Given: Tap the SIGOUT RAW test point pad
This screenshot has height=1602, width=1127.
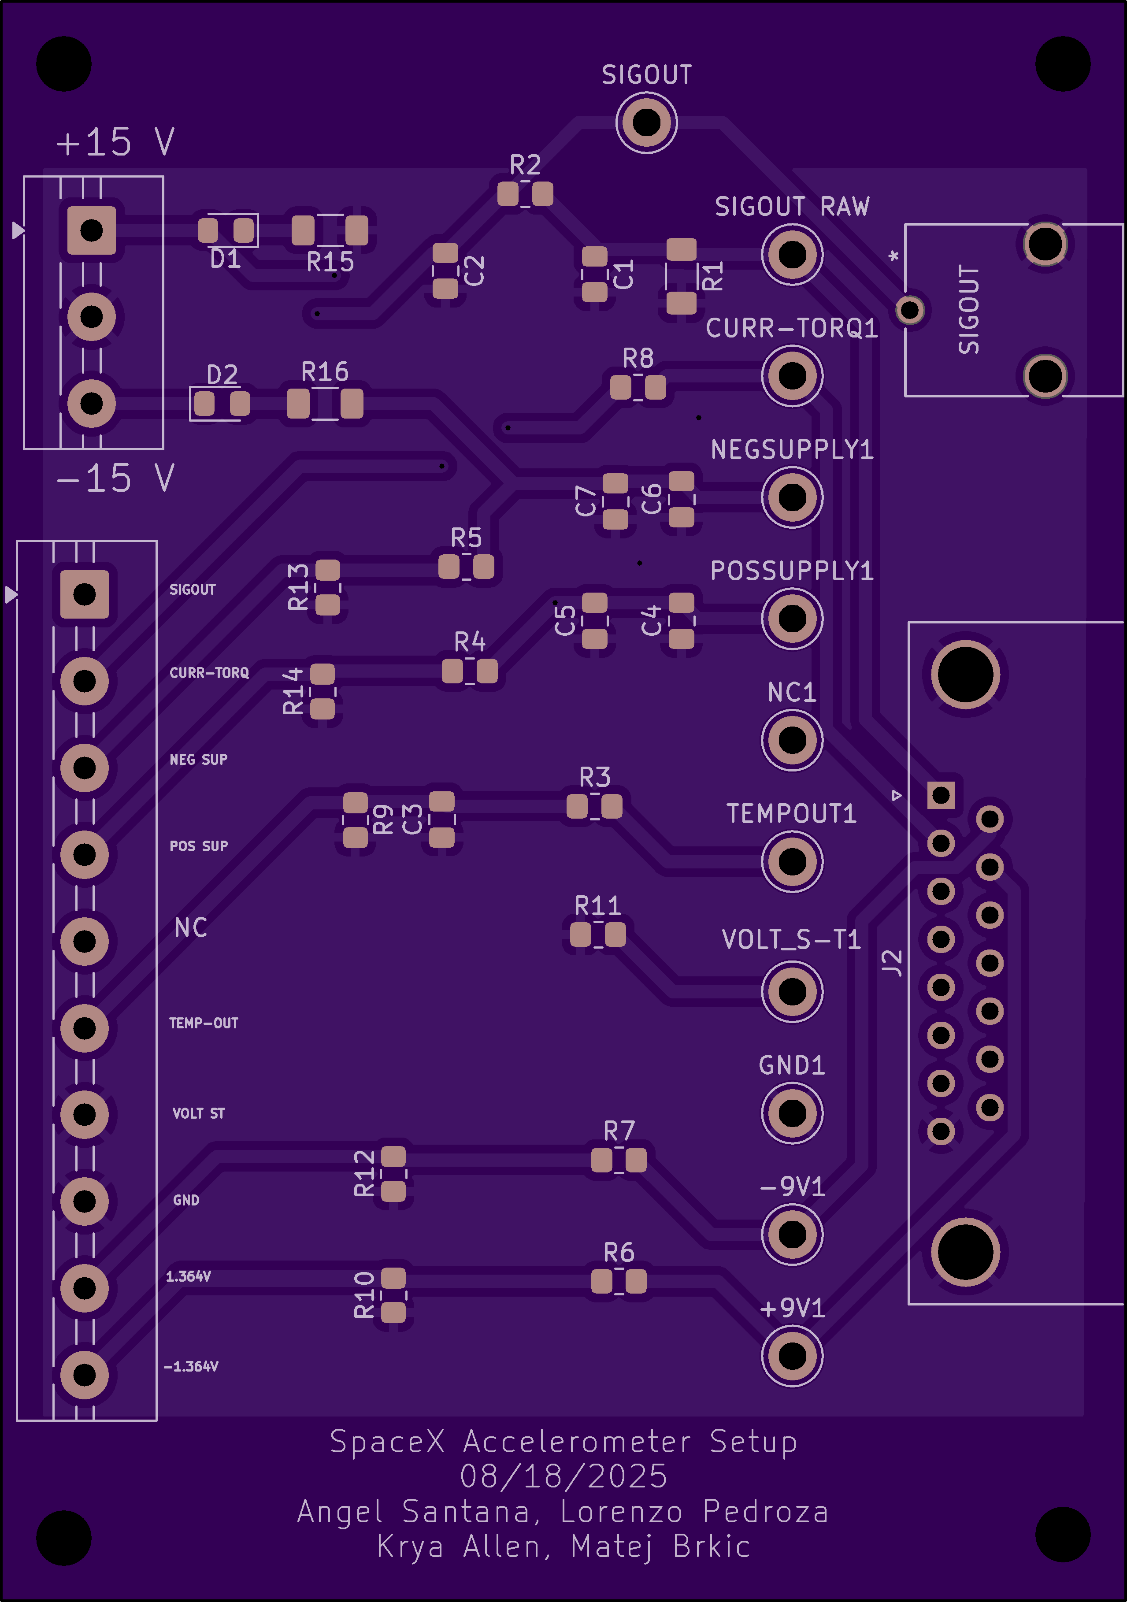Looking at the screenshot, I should pos(792,255).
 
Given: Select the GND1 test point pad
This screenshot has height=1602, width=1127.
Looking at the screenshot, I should pos(792,1113).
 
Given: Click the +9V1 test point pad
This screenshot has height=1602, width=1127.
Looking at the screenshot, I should pos(792,1356).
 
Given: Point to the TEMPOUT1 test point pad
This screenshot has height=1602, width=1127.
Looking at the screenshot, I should pos(792,862).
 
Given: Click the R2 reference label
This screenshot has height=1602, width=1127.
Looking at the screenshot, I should pos(525,165).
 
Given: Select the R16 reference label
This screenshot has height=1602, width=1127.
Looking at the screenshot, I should pos(325,372).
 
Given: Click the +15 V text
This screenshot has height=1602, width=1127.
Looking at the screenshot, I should pos(115,142).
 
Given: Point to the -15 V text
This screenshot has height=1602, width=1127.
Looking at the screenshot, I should pos(115,478).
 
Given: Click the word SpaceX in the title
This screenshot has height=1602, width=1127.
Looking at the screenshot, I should pos(387,1442).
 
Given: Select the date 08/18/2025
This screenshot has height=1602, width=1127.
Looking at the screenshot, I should pos(563,1476).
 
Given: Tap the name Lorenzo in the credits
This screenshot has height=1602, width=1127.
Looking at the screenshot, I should pos(621,1511).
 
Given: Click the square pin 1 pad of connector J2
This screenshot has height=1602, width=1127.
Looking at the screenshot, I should pos(941,795).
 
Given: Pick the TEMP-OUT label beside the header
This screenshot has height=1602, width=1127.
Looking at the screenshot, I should pos(204,1023).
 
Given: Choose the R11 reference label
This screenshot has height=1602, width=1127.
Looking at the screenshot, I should pos(597,906).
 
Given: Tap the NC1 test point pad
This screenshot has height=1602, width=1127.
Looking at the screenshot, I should pos(792,740).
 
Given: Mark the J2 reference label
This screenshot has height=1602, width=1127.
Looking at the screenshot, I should pos(893,962).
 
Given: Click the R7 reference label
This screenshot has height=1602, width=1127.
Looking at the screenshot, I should pos(619,1130).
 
